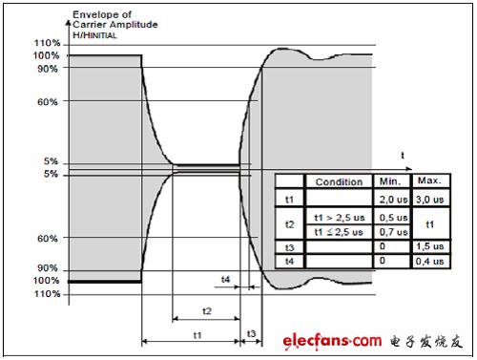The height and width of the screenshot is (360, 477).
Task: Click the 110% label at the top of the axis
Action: pos(47,43)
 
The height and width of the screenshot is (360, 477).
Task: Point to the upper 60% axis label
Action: pos(48,102)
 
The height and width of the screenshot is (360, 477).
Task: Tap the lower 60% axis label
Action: pos(48,239)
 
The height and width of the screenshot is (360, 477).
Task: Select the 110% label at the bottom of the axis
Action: pos(47,293)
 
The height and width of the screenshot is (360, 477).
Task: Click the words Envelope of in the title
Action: pos(102,14)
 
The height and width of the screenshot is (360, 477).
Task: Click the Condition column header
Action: pos(339,181)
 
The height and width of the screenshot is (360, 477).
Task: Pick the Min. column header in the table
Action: pos(390,181)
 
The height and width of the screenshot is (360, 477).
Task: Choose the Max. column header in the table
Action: pos(429,180)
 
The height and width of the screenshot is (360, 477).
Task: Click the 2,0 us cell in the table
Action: pos(394,200)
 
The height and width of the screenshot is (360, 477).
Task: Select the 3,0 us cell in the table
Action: pos(430,200)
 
